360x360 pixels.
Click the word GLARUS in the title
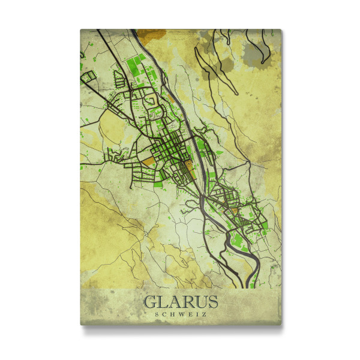click(180, 302)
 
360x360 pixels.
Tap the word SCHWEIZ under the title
click(180, 314)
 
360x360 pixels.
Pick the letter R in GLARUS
click(187, 302)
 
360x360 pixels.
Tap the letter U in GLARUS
click(199, 302)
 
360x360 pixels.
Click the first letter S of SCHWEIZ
click(157, 314)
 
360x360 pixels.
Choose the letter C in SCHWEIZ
click(164, 314)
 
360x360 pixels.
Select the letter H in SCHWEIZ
click(172, 314)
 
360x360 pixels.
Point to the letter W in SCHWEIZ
click(181, 314)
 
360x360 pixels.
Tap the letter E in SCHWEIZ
click(189, 314)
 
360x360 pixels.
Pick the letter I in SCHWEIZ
click(196, 314)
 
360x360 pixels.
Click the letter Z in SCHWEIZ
click(203, 314)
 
